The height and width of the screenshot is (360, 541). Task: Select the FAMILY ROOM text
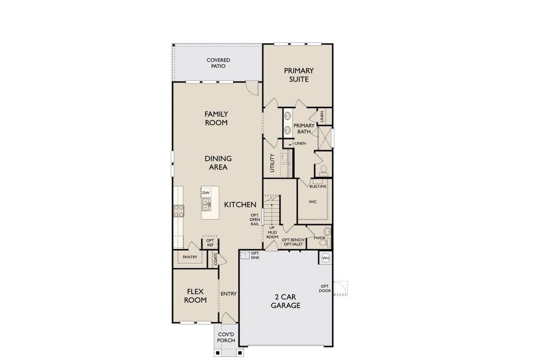[216, 118]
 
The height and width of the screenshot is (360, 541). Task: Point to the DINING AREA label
[218, 163]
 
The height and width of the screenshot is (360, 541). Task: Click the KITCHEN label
[240, 205]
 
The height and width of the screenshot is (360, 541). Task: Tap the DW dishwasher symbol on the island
[206, 193]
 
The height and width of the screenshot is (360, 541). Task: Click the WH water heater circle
[325, 258]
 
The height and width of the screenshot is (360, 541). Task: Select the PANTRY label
[190, 257]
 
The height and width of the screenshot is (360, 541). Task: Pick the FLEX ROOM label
[195, 295]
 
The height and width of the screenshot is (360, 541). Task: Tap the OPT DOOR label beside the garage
[325, 288]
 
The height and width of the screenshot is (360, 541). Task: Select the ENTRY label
[228, 294]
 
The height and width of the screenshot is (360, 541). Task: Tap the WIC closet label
[312, 202]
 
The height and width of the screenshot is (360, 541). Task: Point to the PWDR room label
[319, 238]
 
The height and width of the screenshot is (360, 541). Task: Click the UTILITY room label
[272, 163]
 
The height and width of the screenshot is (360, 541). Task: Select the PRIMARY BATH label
[304, 128]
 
